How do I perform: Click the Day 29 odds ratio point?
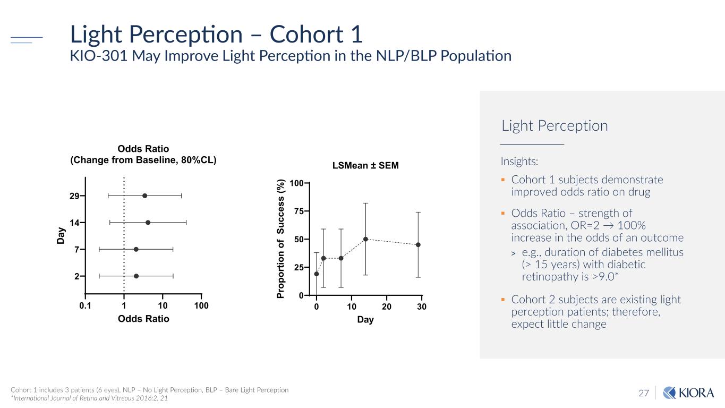[145, 196]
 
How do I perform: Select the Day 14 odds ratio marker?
[148, 223]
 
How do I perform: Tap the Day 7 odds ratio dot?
[136, 249]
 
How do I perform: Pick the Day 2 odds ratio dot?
[136, 276]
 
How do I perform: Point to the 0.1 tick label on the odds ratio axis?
[85, 307]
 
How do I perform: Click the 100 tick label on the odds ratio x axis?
[201, 307]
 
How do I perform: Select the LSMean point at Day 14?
[365, 239]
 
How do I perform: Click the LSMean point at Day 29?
[418, 245]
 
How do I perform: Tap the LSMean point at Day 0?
[317, 274]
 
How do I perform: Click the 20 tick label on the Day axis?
[387, 307]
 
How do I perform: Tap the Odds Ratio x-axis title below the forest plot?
[143, 319]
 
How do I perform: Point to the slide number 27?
[644, 394]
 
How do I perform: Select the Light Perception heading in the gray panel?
[555, 126]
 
